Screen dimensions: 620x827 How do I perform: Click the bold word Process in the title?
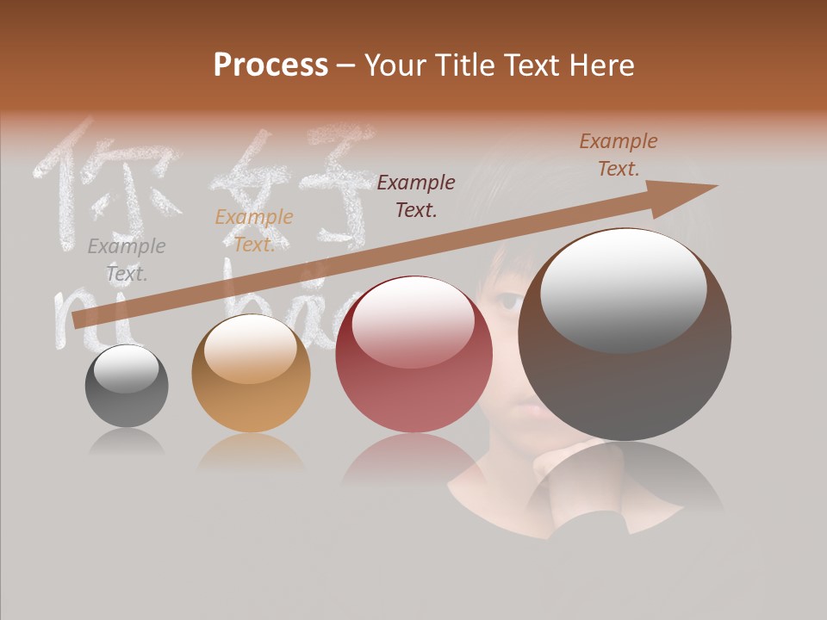click(x=270, y=65)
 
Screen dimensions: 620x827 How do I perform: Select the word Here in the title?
click(x=600, y=65)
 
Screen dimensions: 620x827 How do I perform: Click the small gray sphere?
click(x=127, y=387)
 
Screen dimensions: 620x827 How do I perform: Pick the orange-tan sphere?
click(x=251, y=374)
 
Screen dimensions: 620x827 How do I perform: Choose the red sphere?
click(x=413, y=355)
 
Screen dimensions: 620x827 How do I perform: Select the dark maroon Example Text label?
click(x=416, y=195)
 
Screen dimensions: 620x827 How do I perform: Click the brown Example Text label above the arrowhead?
click(x=618, y=155)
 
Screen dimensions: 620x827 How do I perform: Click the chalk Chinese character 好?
click(x=293, y=185)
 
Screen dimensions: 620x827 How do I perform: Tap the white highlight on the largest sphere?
click(x=623, y=288)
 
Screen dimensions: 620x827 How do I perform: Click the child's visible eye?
click(x=508, y=302)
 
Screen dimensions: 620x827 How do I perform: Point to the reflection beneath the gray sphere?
click(x=127, y=443)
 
